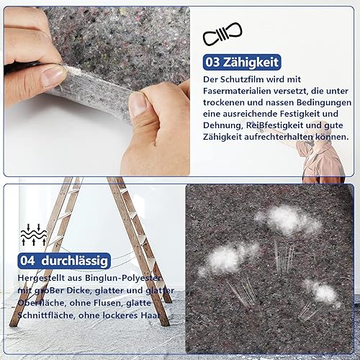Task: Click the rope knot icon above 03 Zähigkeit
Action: pos(222,34)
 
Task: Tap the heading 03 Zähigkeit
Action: pos(242,62)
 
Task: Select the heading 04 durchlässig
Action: pos(64,261)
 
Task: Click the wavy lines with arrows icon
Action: pos(34,235)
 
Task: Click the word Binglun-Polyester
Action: pos(123,278)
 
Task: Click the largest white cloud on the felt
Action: pos(289,220)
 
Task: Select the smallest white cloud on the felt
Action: pos(323,293)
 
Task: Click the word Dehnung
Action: pos(223,126)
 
